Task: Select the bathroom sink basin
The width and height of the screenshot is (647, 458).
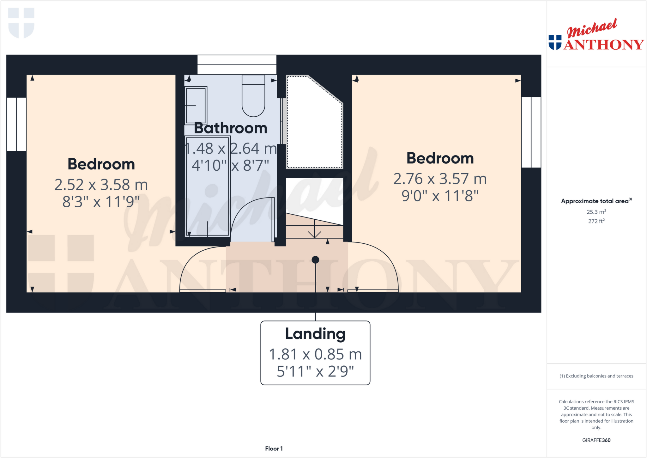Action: click(196, 106)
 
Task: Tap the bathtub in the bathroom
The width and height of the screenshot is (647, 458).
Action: click(207, 186)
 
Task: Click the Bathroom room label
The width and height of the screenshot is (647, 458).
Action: click(230, 128)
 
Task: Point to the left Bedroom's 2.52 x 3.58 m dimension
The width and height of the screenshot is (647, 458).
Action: click(101, 185)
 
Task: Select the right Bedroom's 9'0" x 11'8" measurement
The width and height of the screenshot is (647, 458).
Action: click(440, 196)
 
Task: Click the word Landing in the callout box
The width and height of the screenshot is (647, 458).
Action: click(315, 334)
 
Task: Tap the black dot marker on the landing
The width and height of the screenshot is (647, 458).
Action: click(315, 260)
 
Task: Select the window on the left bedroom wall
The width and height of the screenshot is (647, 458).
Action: click(16, 124)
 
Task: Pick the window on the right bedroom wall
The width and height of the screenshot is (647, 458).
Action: click(531, 132)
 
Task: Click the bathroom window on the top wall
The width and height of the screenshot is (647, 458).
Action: click(237, 64)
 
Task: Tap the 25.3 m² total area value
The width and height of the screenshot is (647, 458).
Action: click(596, 212)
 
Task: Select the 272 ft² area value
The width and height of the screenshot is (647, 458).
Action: click(596, 221)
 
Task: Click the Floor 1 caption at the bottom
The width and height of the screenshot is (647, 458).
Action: click(274, 449)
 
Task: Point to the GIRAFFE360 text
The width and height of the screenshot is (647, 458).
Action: click(596, 440)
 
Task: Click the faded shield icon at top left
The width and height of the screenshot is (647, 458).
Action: click(21, 23)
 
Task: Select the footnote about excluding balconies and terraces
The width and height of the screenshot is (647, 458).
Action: click(596, 376)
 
